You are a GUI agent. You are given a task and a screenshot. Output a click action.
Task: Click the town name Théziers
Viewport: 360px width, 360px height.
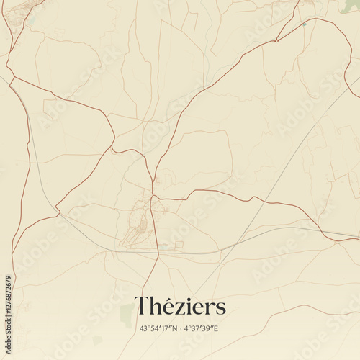pyautogui.click(x=180, y=307)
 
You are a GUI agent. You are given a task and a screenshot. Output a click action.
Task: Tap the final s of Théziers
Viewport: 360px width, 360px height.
pyautogui.click(x=221, y=309)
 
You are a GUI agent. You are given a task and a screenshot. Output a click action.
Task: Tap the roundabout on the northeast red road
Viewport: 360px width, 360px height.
pyautogui.click(x=276, y=40)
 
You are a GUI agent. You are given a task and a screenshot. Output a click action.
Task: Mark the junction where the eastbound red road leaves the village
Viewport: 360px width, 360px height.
pyautogui.click(x=154, y=197)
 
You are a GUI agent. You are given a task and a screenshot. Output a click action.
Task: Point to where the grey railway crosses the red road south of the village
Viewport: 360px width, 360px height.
pyautogui.click(x=158, y=251)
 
